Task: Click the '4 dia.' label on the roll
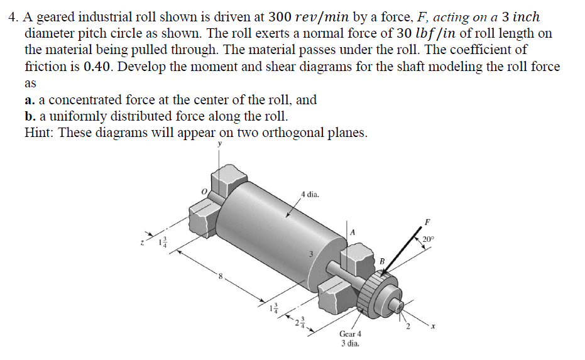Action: pyautogui.click(x=310, y=195)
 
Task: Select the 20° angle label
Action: pyautogui.click(x=428, y=239)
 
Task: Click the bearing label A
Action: pyautogui.click(x=353, y=232)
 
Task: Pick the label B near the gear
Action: pyautogui.click(x=380, y=261)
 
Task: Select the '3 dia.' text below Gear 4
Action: pyautogui.click(x=349, y=343)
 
